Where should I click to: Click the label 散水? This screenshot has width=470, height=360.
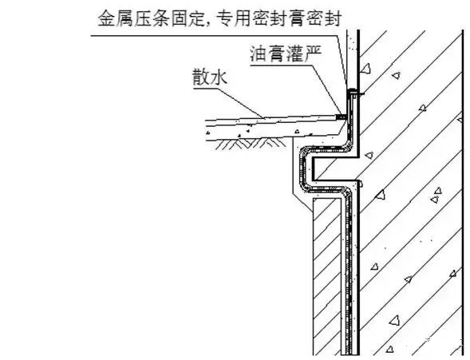pos(210,77)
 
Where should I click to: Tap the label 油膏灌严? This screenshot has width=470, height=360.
pos(286,53)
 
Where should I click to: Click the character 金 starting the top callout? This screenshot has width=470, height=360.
pos(107,18)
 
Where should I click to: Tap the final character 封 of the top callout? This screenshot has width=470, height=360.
pos(333,18)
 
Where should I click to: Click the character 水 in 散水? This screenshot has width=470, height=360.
pos(219,77)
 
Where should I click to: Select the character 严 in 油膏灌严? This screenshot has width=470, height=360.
pos(314,53)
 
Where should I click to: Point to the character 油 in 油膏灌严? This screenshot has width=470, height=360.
pos(259,53)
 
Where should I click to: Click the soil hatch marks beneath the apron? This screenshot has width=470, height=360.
pos(251,144)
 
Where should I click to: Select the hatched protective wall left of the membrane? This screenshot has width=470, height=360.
pos(327,276)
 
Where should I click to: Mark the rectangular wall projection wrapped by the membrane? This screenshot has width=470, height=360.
pos(334,168)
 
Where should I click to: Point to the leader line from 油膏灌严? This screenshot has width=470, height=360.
pos(327,90)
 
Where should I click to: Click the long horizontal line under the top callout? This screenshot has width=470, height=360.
pos(215,36)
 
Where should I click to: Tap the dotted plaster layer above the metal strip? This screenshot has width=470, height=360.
pos(352,59)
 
